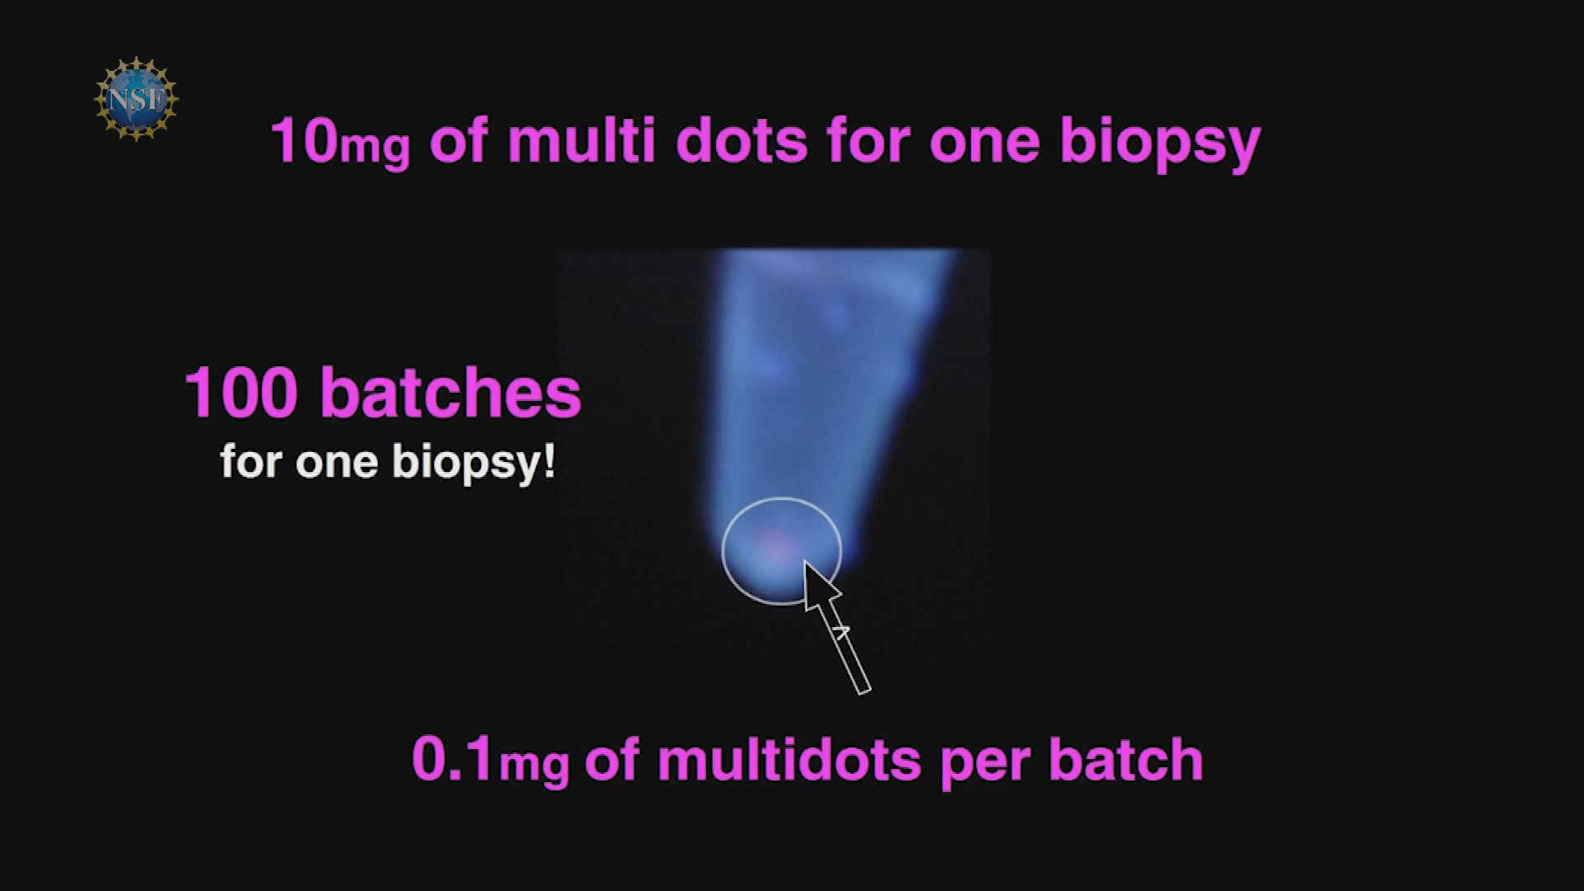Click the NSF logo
pos(136,99)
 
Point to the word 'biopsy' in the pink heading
pos(1160,144)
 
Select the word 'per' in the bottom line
pos(985,764)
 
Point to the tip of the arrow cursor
pos(804,561)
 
